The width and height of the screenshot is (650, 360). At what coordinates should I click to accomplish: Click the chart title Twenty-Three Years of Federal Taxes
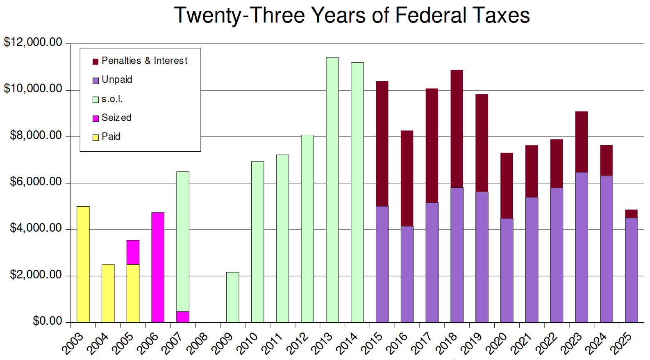tap(352, 16)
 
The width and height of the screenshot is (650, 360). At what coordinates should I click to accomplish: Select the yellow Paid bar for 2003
tap(83, 264)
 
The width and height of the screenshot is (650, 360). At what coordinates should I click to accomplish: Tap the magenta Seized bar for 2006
tap(158, 267)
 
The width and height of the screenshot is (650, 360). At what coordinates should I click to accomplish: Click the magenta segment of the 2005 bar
tap(133, 252)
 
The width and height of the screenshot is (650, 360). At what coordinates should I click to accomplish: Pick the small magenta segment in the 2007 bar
tap(183, 317)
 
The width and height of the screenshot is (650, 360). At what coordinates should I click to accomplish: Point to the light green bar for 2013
tap(332, 190)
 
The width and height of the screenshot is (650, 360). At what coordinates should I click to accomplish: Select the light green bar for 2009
tap(233, 297)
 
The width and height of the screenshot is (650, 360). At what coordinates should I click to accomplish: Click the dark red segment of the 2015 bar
tap(382, 144)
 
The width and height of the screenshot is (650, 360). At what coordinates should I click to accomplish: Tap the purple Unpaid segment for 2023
tap(582, 247)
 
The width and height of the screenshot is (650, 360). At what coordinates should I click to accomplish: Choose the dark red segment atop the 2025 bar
tap(631, 214)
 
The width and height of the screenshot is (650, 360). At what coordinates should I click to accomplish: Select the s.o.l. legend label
tap(112, 99)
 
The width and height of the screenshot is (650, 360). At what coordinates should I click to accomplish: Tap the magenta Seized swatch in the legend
tap(95, 118)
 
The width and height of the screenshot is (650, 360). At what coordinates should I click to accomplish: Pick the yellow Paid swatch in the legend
tap(95, 137)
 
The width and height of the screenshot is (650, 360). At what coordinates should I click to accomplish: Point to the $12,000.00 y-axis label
tap(33, 42)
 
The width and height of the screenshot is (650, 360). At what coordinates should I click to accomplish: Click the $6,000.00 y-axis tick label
tap(36, 182)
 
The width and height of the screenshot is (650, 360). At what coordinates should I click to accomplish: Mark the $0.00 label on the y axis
tap(47, 321)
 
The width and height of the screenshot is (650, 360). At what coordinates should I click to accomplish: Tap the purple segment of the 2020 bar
tap(507, 271)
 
